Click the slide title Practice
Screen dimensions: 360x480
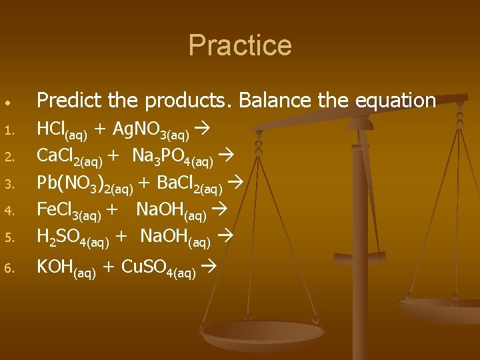(x=240, y=45)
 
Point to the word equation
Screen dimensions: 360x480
(x=397, y=101)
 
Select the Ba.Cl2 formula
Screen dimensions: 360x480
(x=189, y=183)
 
